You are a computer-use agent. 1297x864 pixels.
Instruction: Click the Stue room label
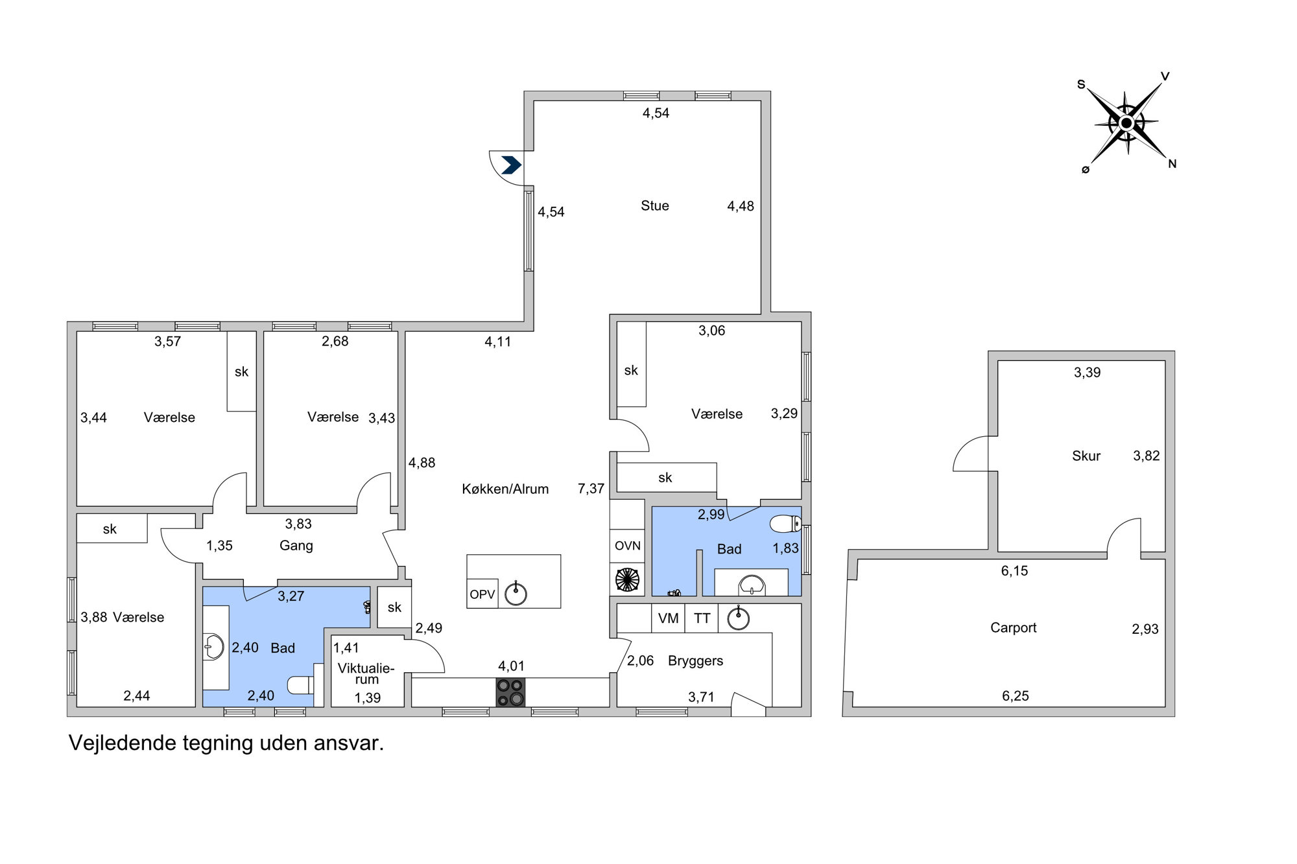654,205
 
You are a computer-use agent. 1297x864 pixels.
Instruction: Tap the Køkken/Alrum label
505,489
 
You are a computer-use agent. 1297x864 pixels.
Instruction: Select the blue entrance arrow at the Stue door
511,165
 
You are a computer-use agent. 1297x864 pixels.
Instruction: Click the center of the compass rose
1126,123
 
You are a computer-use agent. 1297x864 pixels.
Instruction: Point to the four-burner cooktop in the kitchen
510,692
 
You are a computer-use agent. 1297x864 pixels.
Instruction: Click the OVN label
628,546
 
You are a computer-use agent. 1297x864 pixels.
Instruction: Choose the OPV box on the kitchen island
482,594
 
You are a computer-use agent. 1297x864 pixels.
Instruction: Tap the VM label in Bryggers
668,618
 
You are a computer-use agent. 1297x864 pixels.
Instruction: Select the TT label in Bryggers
702,618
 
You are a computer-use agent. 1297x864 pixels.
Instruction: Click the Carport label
1013,627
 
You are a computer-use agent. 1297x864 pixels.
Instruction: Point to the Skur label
1086,456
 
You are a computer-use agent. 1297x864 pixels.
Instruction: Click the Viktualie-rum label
366,673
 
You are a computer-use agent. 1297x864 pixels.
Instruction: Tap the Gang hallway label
296,546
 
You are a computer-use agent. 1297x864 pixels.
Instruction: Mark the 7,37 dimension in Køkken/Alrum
591,489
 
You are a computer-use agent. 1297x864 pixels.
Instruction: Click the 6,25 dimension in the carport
1016,696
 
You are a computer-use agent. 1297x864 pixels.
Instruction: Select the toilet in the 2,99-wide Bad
786,523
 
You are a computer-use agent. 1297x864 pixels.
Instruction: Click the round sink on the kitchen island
516,593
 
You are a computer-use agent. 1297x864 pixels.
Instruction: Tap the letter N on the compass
1172,164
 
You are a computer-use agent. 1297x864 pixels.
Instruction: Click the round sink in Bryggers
738,618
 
